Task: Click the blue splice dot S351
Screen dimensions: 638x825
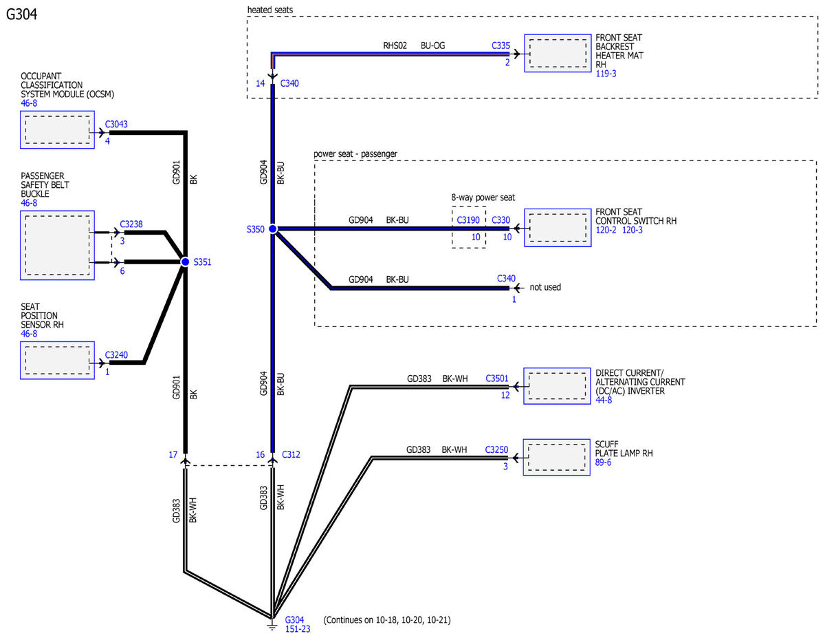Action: [x=185, y=262]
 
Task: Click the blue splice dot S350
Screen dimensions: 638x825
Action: [x=272, y=228]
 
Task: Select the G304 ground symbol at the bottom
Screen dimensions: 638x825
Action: [x=273, y=625]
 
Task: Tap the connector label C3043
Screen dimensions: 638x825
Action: [x=116, y=125]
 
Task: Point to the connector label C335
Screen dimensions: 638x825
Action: [x=500, y=45]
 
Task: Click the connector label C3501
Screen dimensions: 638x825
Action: [x=497, y=379]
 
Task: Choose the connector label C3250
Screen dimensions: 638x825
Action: [x=496, y=449]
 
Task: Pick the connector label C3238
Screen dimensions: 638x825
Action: [x=131, y=224]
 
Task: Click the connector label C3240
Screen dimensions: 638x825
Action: [x=116, y=355]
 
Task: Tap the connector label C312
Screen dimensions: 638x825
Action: [x=290, y=455]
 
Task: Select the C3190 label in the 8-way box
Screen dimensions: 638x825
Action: [x=468, y=220]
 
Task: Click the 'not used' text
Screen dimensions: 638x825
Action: [x=545, y=287]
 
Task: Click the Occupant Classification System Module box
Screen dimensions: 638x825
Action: [x=57, y=129]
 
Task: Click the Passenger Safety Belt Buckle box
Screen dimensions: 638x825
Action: [x=57, y=246]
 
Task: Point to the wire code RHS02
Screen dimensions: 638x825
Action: [x=395, y=45]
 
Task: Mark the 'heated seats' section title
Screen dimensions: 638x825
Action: [x=269, y=9]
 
